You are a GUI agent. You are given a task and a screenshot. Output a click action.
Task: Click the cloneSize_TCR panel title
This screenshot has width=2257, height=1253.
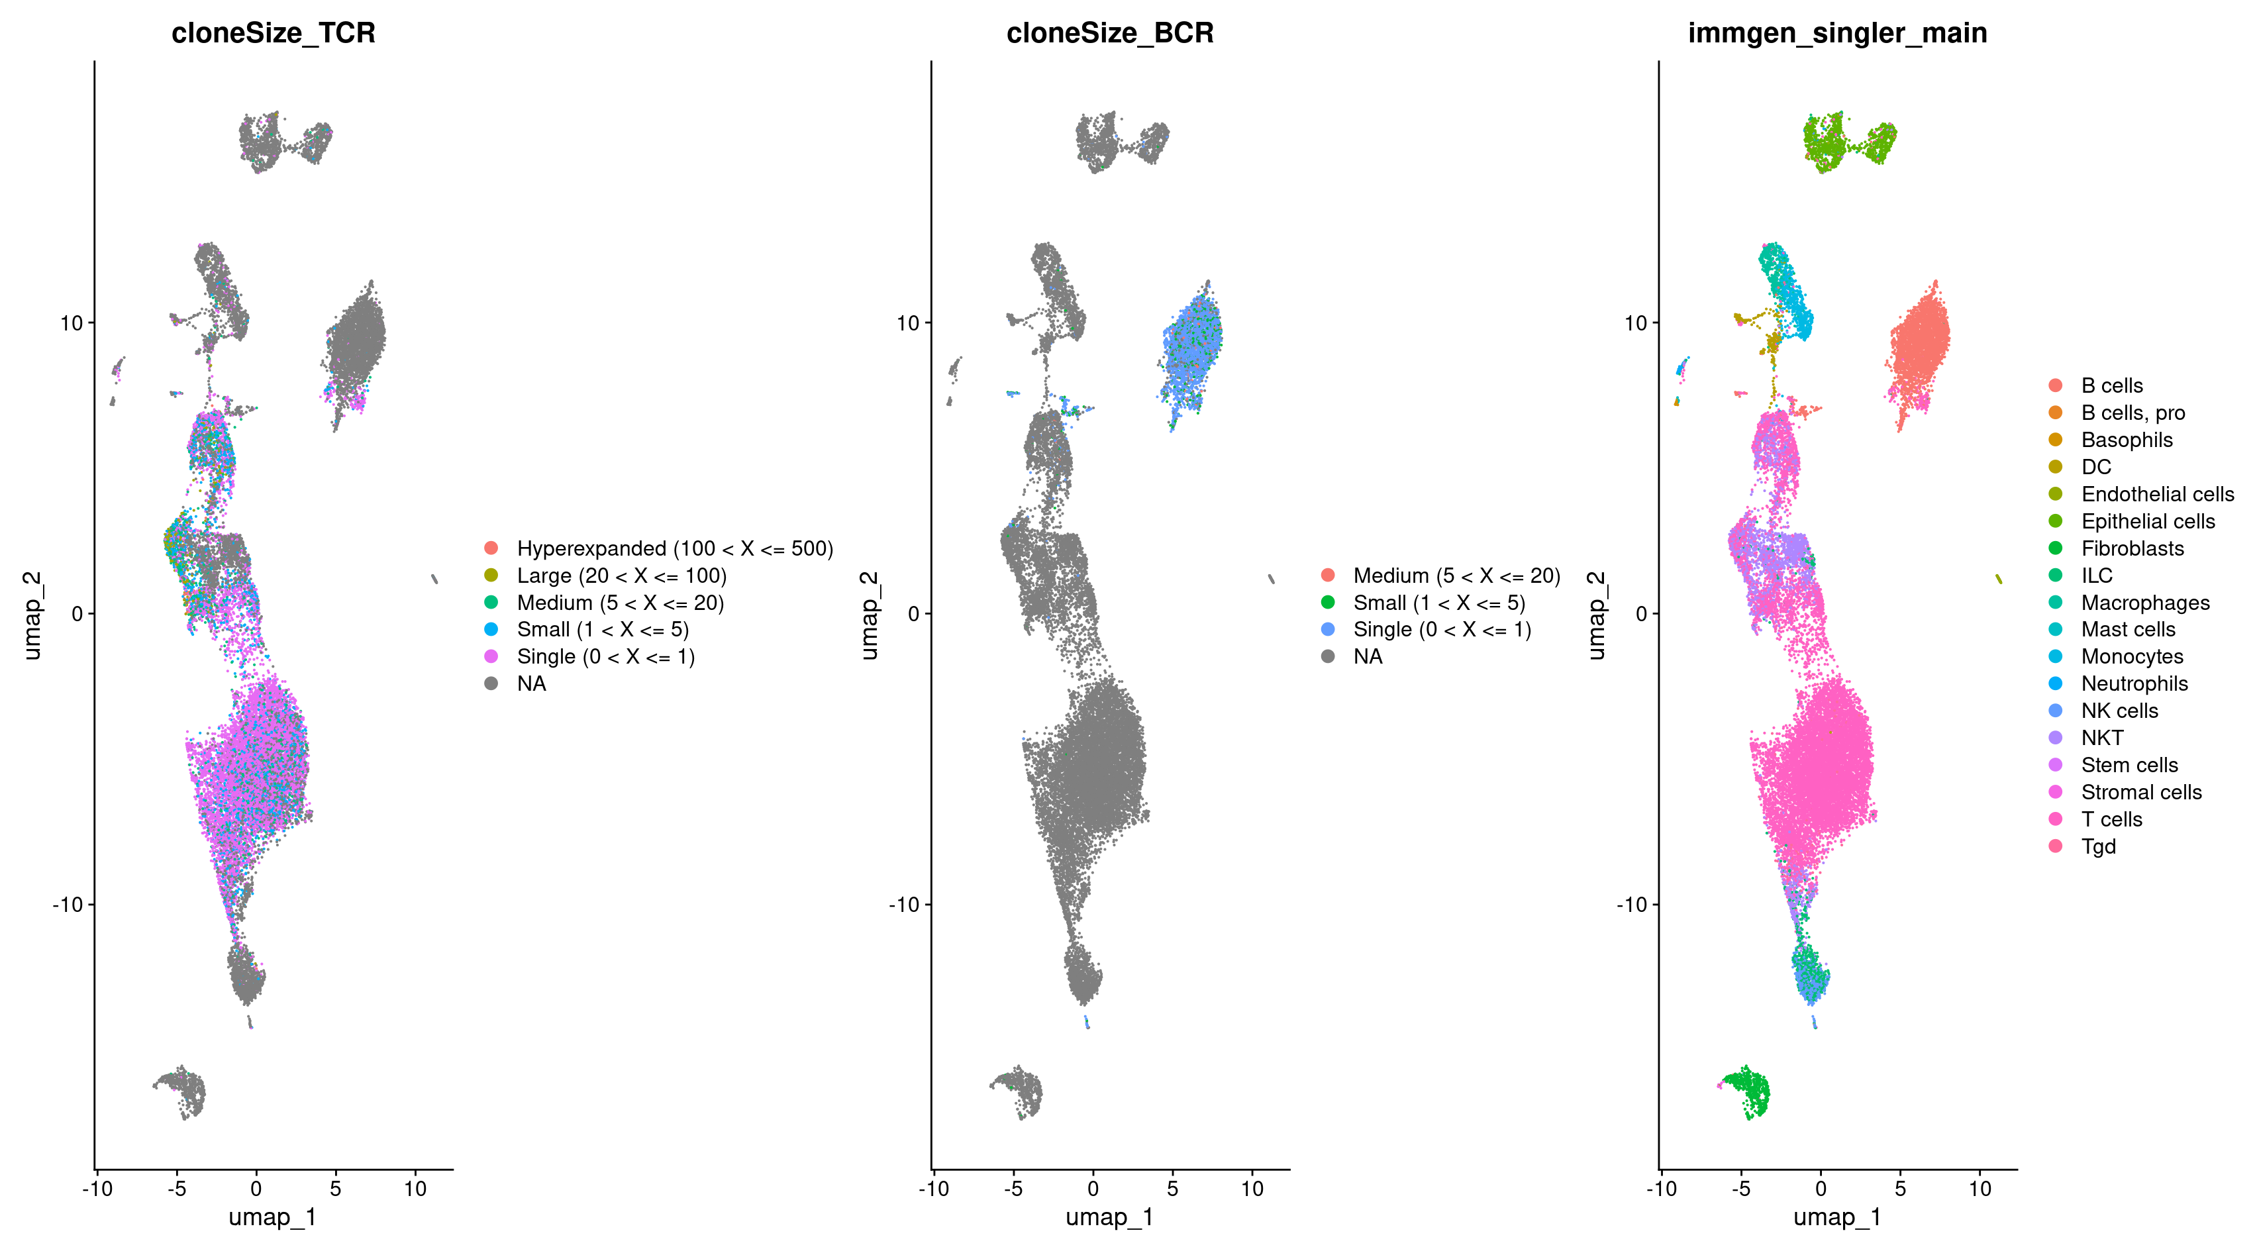(x=274, y=33)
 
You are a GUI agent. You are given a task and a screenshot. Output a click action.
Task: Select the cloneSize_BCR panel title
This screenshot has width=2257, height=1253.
(x=1109, y=33)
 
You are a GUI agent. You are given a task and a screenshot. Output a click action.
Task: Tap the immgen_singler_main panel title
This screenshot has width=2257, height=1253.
(x=1837, y=33)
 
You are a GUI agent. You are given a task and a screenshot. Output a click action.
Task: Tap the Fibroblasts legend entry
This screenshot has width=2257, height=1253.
(x=2132, y=548)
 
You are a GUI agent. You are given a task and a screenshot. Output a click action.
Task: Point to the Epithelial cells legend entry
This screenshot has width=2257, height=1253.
(x=2148, y=521)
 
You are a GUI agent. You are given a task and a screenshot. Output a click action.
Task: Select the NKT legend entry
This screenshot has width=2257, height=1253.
(x=2102, y=738)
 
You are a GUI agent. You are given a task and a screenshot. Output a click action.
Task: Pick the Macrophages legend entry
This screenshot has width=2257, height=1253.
(x=2145, y=603)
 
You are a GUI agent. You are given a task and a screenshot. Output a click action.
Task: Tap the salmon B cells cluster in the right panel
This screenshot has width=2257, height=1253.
(x=1921, y=350)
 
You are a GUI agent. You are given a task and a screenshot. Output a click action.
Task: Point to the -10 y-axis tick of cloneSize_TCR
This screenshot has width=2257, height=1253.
(x=68, y=904)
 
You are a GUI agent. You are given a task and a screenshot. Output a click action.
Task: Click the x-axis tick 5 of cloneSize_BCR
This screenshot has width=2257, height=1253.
(x=1172, y=1189)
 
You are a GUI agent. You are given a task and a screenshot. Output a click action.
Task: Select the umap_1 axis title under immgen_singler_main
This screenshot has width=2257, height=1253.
(x=1836, y=1217)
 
